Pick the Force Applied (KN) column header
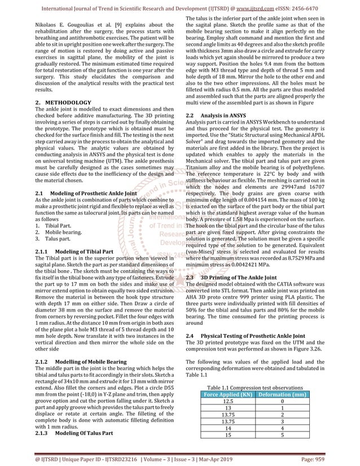coord(227,394)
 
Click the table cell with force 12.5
coord(227,401)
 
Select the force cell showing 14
coord(227,428)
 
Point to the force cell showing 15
coord(227,435)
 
